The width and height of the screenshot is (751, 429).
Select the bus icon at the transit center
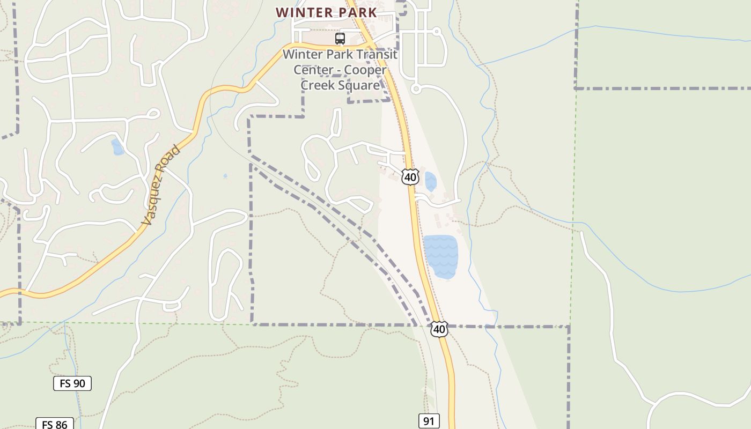[340, 39]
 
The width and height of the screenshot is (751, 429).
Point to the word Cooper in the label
[365, 70]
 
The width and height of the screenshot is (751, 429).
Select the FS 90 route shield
[72, 383]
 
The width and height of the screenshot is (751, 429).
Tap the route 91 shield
[429, 421]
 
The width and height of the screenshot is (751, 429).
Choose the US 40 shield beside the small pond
[410, 177]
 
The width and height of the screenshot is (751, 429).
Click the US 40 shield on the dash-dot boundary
[439, 329]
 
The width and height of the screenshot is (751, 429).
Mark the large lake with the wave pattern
[441, 257]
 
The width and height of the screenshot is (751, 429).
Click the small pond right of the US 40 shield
[430, 181]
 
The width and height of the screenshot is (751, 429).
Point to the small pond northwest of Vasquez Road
[117, 146]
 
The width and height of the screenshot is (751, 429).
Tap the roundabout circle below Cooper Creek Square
[415, 88]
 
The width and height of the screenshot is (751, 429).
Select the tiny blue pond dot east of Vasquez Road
[225, 175]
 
